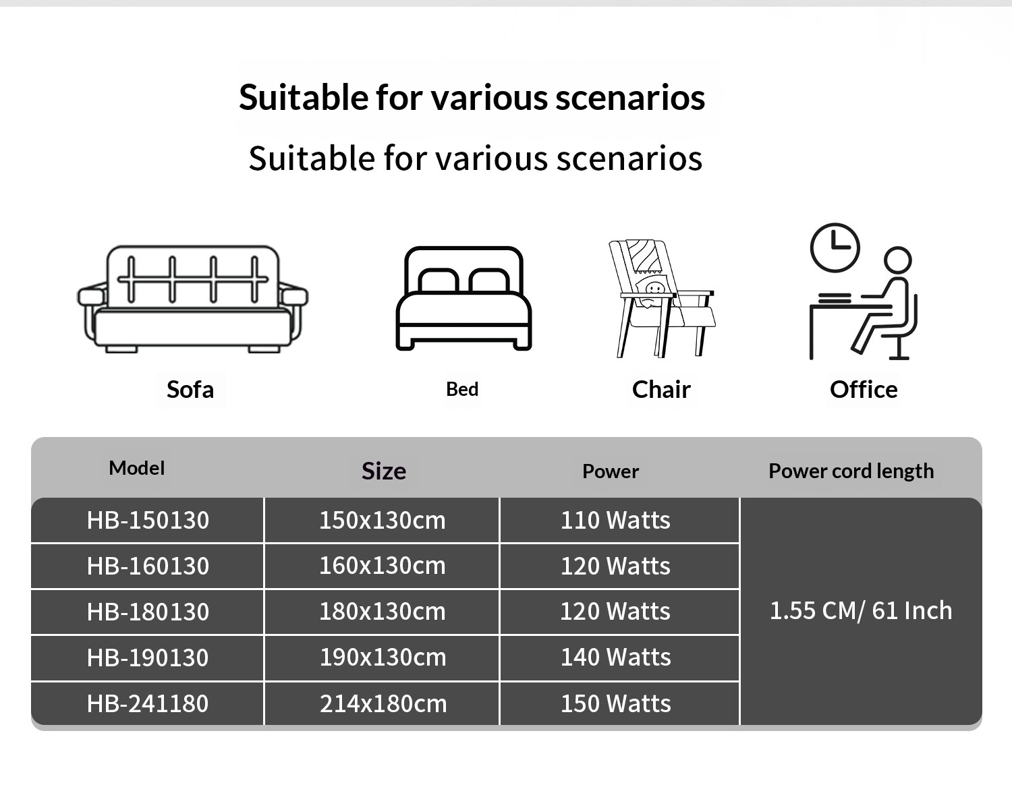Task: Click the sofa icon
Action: tap(192, 299)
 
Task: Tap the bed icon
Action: tap(463, 298)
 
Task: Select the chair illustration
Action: tap(662, 298)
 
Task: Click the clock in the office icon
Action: tap(835, 247)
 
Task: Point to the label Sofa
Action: tap(190, 390)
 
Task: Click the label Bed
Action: tap(462, 389)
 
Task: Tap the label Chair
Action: tap(661, 390)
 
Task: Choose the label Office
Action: tap(864, 390)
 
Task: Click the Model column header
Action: tap(136, 468)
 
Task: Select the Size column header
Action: tap(384, 471)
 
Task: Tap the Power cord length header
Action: tap(851, 471)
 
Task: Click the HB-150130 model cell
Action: tap(148, 520)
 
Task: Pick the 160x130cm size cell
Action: tap(383, 566)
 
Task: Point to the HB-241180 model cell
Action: tap(148, 703)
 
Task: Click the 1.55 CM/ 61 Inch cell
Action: tap(861, 610)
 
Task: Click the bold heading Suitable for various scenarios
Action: tap(472, 98)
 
